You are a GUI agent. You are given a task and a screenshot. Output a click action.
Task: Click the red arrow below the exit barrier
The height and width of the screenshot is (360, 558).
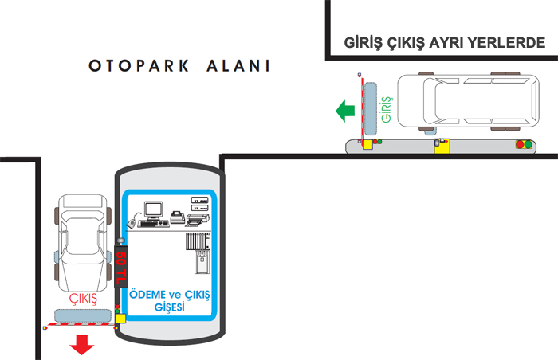tap(81, 345)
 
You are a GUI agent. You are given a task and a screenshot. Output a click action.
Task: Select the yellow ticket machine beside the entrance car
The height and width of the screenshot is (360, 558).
tap(442, 145)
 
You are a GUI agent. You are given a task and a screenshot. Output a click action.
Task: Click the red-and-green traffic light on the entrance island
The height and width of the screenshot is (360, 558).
tap(524, 144)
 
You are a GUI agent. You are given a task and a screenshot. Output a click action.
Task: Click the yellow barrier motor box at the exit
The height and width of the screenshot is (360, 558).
tap(120, 319)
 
